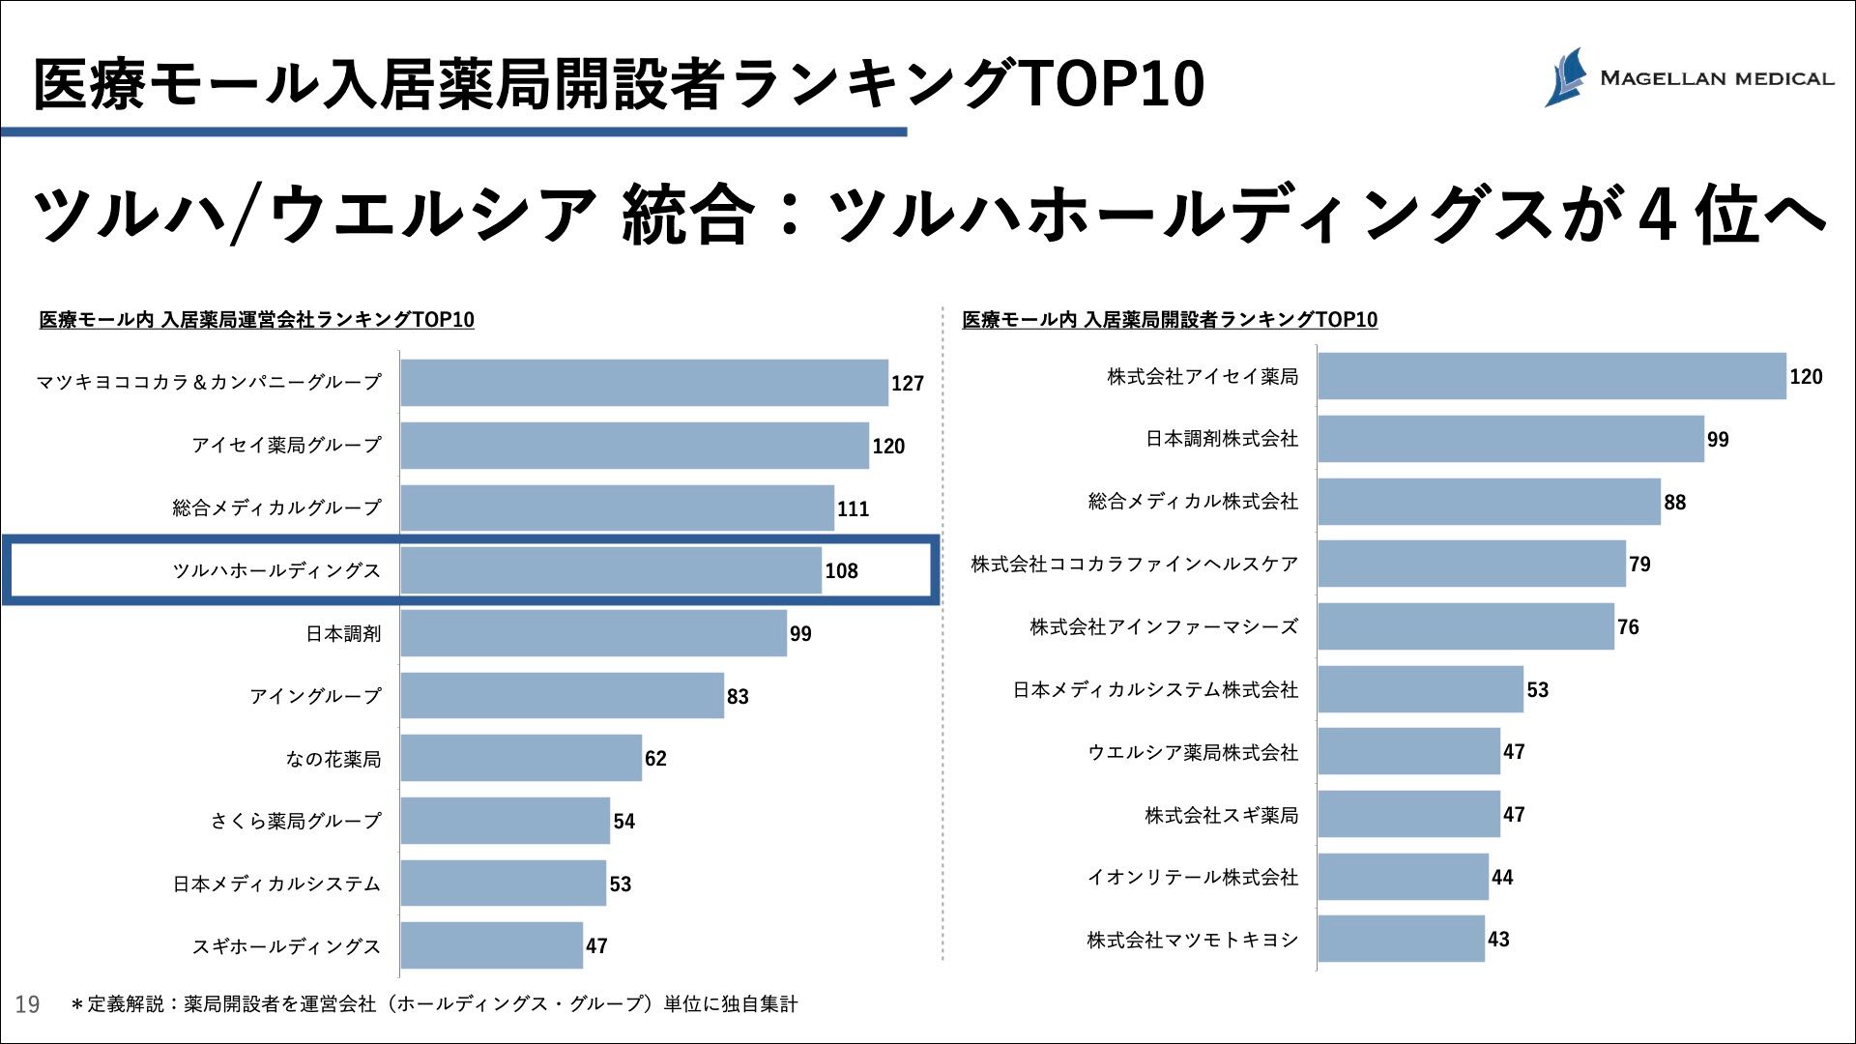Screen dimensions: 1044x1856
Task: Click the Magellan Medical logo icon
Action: pos(1567,76)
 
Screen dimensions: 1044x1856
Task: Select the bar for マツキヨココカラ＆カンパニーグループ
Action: pos(644,383)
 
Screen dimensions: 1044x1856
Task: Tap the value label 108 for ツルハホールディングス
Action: pos(841,571)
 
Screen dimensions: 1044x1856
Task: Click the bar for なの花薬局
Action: pos(521,758)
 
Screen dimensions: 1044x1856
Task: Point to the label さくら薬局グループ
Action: pos(296,821)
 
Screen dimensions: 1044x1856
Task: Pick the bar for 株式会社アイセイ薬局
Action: pos(1551,376)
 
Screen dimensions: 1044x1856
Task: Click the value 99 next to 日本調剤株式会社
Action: pos(1718,440)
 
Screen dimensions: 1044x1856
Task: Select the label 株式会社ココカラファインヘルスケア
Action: pos(1134,565)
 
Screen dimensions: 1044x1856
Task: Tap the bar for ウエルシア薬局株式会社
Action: pos(1408,752)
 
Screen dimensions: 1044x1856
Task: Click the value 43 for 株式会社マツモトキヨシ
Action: pos(1498,940)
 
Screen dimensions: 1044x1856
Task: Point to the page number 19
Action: pos(27,1004)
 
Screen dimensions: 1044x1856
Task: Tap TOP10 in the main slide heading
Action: pos(1111,83)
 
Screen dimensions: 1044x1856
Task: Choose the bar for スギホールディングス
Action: pos(492,945)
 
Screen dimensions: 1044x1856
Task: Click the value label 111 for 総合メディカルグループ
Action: pos(853,509)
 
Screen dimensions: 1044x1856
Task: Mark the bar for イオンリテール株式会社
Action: pos(1403,877)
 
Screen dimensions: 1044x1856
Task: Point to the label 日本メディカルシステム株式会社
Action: pos(1155,690)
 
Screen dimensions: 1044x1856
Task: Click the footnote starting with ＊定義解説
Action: pos(435,1004)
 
